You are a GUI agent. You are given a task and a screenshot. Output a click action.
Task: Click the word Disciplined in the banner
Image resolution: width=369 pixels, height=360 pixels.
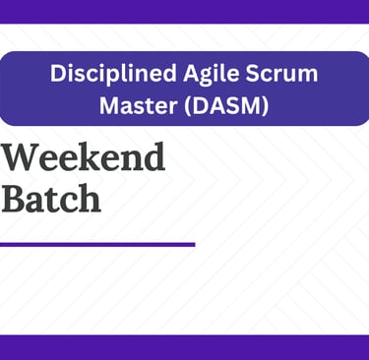pos(113,75)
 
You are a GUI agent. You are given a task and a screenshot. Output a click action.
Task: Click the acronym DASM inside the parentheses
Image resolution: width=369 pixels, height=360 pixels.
pos(226,105)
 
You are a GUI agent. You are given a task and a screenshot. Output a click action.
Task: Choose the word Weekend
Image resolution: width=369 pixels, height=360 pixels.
pos(84,156)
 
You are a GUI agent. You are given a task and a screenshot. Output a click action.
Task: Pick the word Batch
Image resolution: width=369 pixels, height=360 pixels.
pos(51,198)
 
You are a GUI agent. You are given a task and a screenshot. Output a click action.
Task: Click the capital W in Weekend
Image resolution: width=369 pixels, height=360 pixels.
pos(21,157)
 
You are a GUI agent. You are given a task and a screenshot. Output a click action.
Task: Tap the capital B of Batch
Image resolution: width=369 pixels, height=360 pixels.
pos(14,199)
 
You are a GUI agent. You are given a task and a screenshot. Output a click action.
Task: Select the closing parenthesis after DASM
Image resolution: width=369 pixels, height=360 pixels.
pos(265,105)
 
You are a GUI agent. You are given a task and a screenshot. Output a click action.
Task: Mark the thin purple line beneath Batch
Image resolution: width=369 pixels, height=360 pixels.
pos(97,244)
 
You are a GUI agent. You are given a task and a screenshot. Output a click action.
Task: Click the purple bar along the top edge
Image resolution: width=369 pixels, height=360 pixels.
pos(184,12)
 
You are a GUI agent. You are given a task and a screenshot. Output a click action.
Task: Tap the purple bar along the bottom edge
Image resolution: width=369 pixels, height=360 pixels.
pos(184,347)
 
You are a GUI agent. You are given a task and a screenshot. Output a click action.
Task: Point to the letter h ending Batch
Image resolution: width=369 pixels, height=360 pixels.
pos(90,198)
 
